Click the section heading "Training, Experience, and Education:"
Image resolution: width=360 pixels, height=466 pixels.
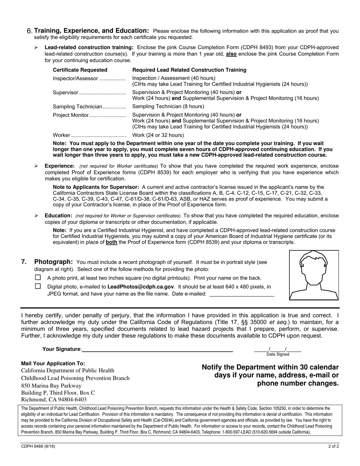[x=91, y=31]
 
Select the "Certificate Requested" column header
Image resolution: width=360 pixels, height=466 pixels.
[x=80, y=70]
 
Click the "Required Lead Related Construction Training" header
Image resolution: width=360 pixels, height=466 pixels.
[x=189, y=70]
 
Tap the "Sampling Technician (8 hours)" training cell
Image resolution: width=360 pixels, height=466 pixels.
[x=168, y=106]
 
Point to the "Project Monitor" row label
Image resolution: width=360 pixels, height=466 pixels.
[x=70, y=115]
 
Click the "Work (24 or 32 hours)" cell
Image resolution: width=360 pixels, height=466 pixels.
[x=158, y=135]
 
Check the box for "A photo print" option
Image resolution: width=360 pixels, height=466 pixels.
[x=38, y=278]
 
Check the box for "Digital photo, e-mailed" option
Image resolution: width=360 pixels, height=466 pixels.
[x=38, y=286]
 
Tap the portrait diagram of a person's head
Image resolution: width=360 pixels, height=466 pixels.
[x=314, y=275]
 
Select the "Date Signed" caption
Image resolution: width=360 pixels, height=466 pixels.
[x=277, y=355]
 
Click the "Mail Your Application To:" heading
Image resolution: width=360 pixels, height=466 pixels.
[x=53, y=363]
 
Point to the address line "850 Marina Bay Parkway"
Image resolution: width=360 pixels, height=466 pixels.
[x=51, y=386]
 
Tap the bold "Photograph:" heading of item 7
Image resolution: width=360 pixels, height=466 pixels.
[x=53, y=262]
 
